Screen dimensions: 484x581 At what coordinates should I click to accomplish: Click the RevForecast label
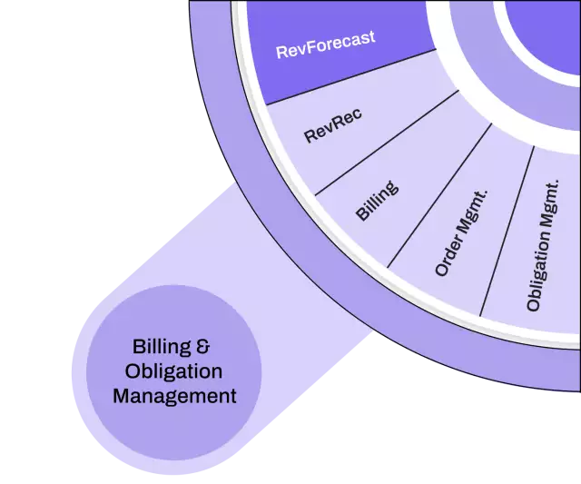[x=325, y=44]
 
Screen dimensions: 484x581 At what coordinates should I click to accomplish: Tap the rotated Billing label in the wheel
[x=376, y=200]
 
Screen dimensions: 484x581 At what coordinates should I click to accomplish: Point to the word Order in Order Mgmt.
[x=447, y=259]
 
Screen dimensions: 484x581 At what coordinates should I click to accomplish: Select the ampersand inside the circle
[x=204, y=347]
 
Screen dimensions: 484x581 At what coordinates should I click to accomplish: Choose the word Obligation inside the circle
[x=173, y=371]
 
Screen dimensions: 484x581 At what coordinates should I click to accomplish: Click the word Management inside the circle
[x=173, y=396]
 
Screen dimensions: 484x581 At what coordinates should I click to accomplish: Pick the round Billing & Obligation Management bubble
[x=173, y=371]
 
